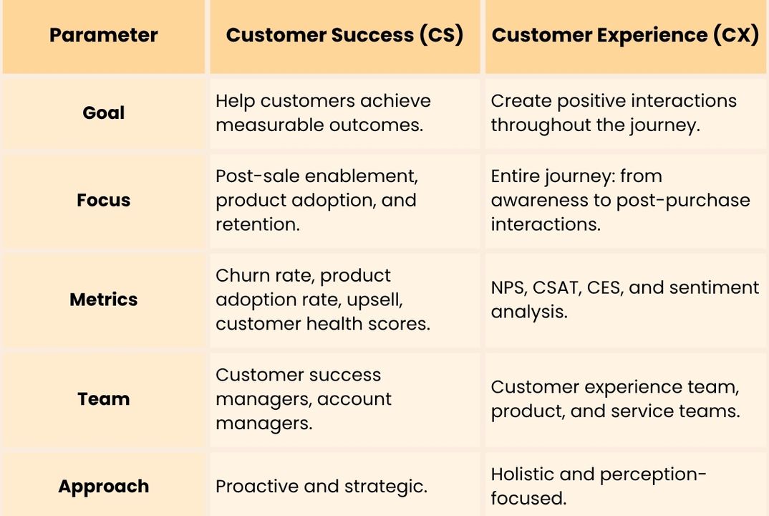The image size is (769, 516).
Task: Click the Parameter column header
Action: pos(104,35)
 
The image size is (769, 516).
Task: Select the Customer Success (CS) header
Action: pos(344,35)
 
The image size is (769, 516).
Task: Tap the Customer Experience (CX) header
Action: pos(625,35)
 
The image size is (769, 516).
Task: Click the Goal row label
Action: pos(104,113)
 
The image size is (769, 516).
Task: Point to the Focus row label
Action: pos(104,200)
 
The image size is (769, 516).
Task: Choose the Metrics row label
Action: pos(104,300)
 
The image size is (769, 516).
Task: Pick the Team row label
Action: pos(104,398)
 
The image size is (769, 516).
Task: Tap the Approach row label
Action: pos(104,486)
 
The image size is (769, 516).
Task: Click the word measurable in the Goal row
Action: pos(269,125)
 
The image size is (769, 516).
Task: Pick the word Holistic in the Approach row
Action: pos(523,474)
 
